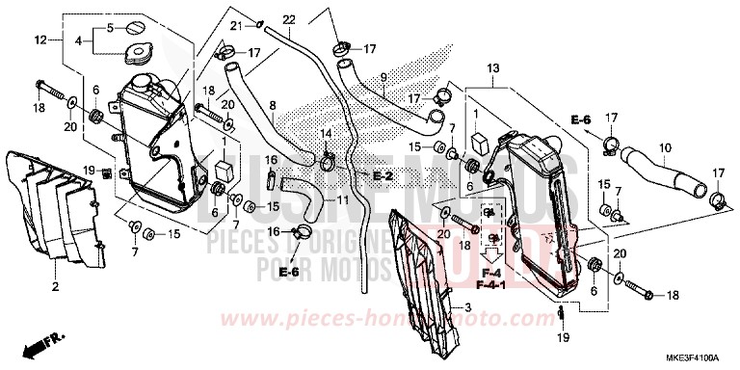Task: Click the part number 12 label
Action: pos(40,40)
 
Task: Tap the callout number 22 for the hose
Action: pos(288,20)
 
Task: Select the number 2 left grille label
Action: pos(55,287)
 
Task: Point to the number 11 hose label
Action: pos(343,199)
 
